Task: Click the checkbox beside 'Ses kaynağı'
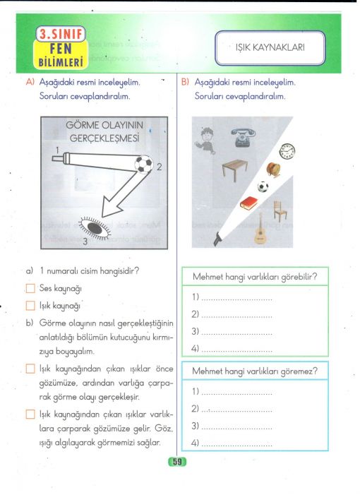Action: tap(30, 289)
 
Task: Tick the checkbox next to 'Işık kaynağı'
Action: tap(30, 306)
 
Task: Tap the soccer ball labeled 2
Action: tap(143, 164)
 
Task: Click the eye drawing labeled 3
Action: tap(95, 228)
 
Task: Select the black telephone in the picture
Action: tap(243, 137)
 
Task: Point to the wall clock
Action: tap(287, 150)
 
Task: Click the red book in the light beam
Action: tap(248, 203)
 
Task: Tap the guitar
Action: tap(260, 229)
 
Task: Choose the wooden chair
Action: tap(280, 211)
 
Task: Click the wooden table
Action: tap(235, 169)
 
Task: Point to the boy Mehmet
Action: tap(205, 141)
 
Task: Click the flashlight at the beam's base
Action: tap(217, 239)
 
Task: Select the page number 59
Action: tap(177, 462)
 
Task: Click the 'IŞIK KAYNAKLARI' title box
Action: tap(270, 48)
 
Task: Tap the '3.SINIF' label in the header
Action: tap(61, 34)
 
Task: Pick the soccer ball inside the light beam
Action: tap(263, 186)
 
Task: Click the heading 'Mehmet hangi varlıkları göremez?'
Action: tap(255, 371)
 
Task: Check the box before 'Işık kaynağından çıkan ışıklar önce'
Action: tap(30, 369)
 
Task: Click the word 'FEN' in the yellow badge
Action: tap(61, 49)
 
